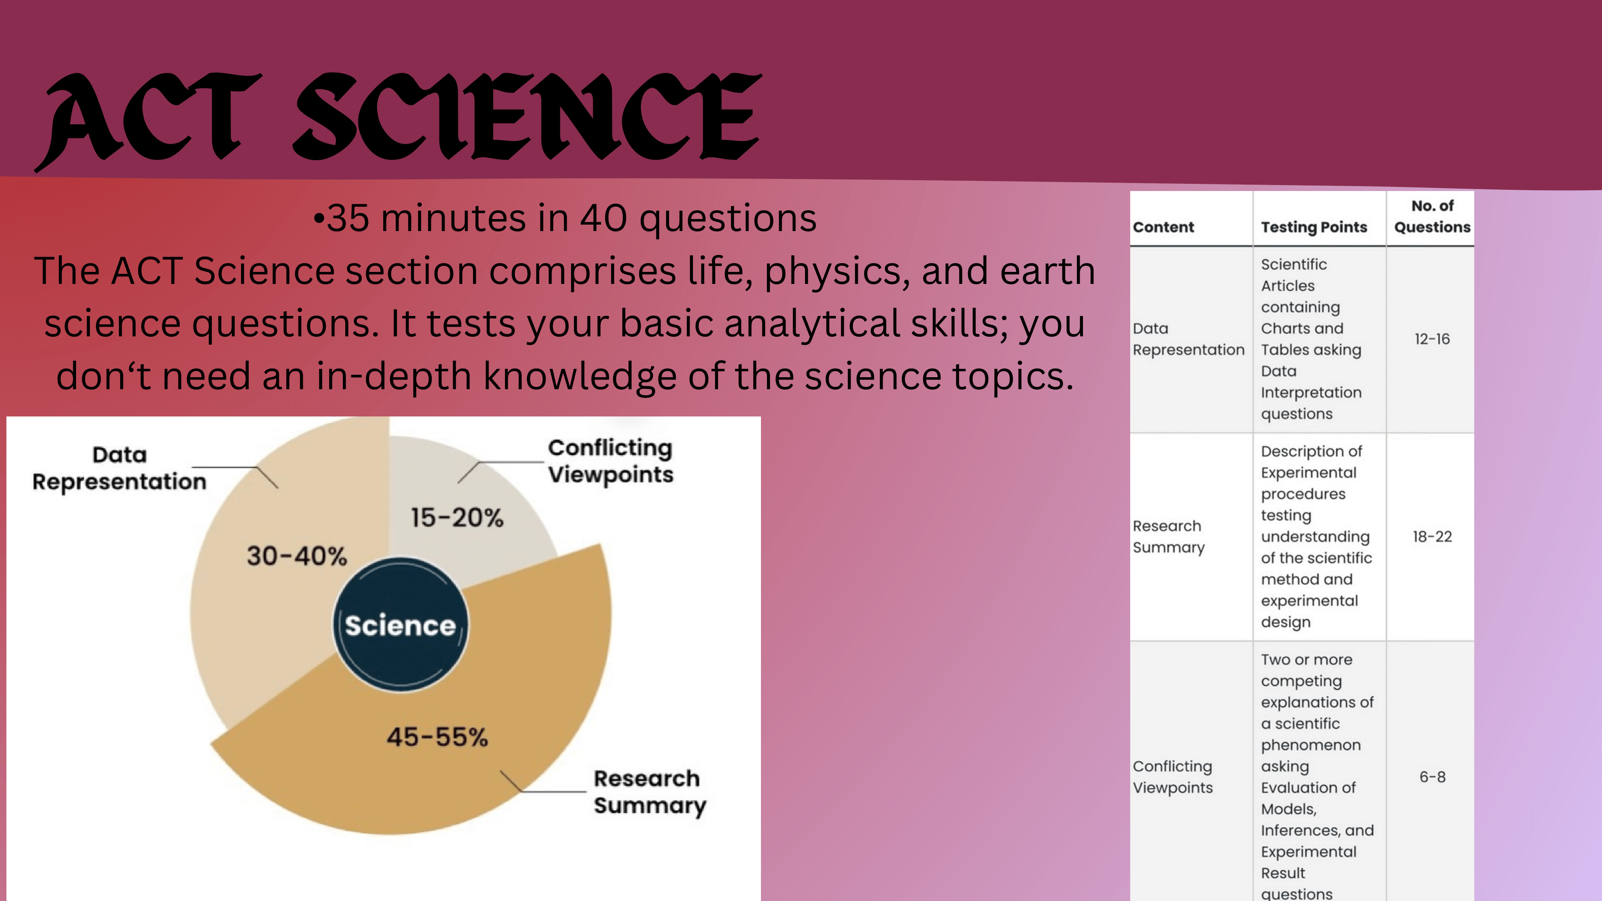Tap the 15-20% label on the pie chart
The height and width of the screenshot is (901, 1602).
(457, 517)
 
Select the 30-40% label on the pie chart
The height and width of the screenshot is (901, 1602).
(297, 556)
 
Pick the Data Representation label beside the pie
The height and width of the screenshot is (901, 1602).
(119, 468)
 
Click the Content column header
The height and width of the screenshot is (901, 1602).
(1163, 227)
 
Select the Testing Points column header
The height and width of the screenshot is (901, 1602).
(1314, 227)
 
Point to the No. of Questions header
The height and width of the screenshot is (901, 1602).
(1432, 216)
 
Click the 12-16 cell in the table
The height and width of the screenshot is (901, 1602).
(1432, 339)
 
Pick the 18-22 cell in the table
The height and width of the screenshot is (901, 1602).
(1432, 537)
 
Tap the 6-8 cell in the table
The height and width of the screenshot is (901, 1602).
(1432, 776)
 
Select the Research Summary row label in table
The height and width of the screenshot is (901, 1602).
(1169, 537)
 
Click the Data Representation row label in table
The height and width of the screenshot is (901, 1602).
(1188, 339)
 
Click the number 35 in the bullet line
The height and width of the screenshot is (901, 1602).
(348, 218)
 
